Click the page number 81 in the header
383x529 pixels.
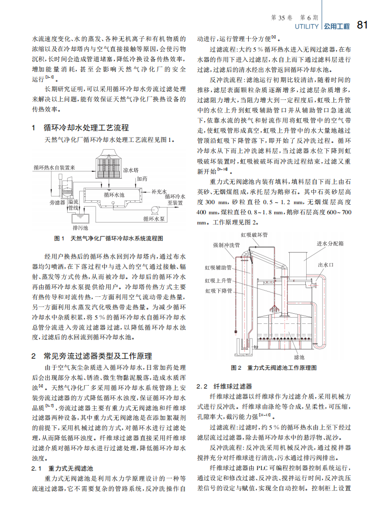click(363, 25)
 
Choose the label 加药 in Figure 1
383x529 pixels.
click(142, 179)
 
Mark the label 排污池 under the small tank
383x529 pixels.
click(80, 227)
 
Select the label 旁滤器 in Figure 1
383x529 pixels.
click(57, 203)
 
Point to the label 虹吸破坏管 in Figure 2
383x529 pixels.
click(254, 235)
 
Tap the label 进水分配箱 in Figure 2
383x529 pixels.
click(330, 243)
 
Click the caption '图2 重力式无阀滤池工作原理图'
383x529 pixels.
click(274, 368)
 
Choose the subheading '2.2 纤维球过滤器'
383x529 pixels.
click(224, 387)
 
